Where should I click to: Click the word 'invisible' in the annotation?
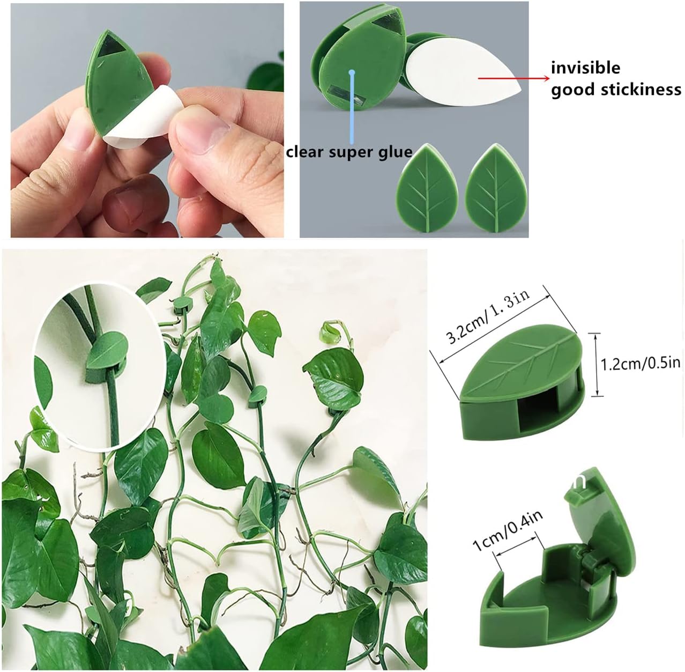point(585,68)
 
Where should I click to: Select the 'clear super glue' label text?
point(349,152)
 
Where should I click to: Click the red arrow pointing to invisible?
point(512,78)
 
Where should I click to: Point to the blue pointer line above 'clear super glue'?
point(352,107)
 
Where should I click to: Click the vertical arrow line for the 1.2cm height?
point(597,364)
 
